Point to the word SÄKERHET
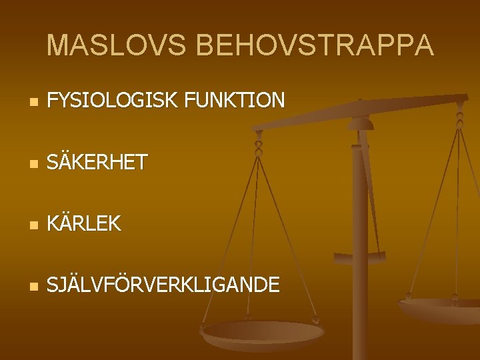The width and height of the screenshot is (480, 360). point(97,162)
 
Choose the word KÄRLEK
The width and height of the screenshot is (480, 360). point(85,224)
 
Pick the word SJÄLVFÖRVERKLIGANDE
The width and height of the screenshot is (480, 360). point(164,285)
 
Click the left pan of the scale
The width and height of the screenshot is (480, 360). point(263,332)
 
